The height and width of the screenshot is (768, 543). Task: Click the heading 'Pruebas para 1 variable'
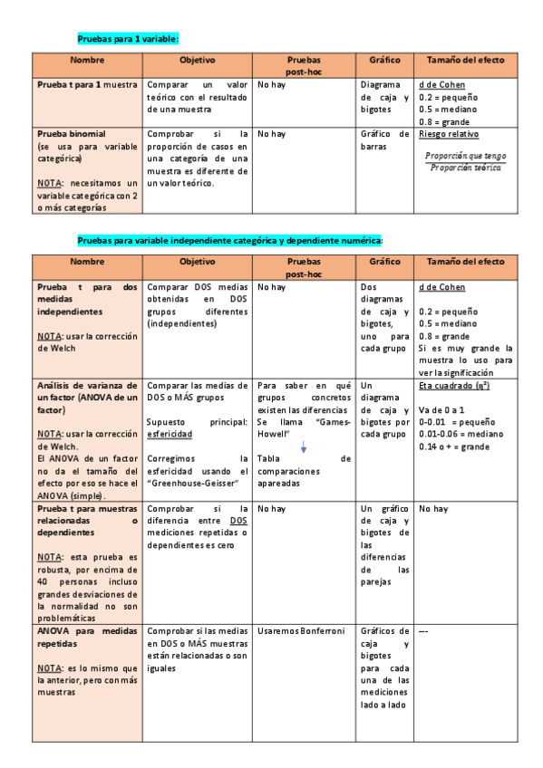pyautogui.click(x=128, y=40)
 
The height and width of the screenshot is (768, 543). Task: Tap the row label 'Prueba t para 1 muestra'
pyautogui.click(x=87, y=84)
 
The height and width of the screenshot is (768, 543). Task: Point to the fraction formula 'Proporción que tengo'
pyautogui.click(x=466, y=155)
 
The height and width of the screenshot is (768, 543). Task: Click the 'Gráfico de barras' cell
pyautogui.click(x=383, y=139)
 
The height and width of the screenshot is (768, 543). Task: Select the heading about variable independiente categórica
pyautogui.click(x=230, y=240)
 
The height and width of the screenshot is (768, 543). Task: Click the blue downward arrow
pyautogui.click(x=304, y=446)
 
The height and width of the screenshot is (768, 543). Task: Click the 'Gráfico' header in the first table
pyautogui.click(x=384, y=61)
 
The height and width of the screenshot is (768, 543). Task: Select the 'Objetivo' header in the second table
pyautogui.click(x=197, y=262)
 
